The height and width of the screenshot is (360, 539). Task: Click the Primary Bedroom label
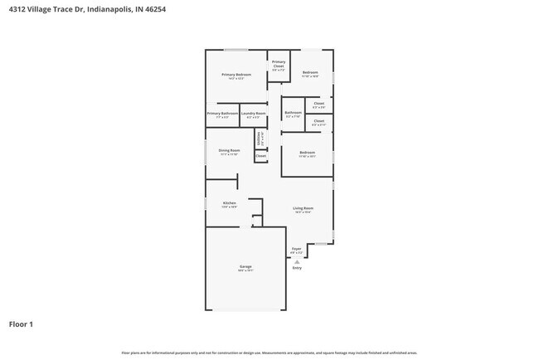(x=236, y=75)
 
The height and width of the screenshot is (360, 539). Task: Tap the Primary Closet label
(x=279, y=62)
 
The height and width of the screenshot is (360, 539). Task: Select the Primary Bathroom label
(x=222, y=113)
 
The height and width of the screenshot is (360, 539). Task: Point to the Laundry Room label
(x=254, y=113)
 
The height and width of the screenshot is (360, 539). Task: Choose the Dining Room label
(x=229, y=150)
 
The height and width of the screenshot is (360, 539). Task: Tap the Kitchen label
(x=230, y=203)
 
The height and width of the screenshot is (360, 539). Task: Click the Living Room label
(x=303, y=208)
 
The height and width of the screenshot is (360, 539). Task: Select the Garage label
(x=245, y=266)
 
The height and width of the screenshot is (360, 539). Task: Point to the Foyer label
(x=296, y=249)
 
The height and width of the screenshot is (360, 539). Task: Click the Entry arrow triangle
(x=297, y=260)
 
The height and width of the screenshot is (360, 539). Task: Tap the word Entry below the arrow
(x=297, y=268)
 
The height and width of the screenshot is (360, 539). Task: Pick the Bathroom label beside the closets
(x=293, y=113)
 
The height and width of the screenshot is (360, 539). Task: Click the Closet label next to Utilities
(x=260, y=155)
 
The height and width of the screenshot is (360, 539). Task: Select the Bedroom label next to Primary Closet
(x=310, y=72)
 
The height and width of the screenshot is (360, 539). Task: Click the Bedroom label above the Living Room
(x=307, y=153)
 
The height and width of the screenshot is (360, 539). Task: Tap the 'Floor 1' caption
(x=21, y=324)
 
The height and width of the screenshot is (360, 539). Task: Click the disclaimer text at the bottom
(x=269, y=353)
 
